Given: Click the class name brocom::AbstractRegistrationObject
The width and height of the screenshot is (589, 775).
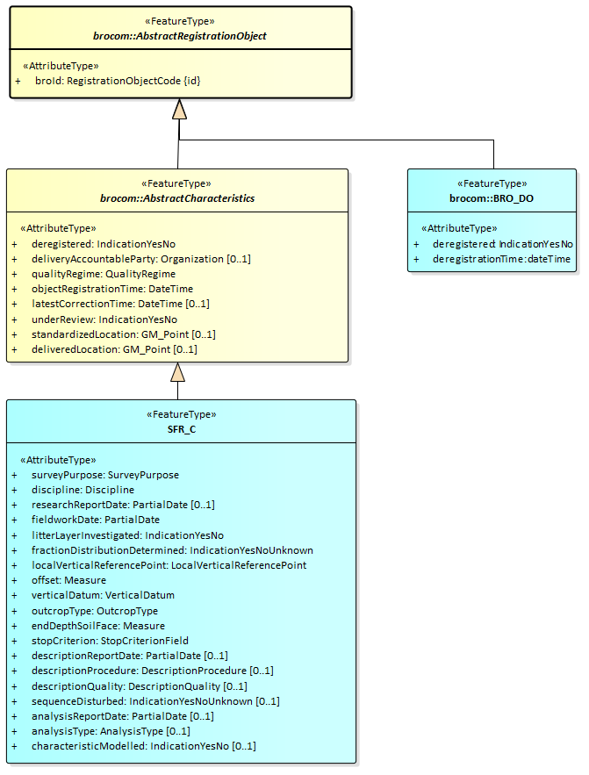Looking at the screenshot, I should point(180,36).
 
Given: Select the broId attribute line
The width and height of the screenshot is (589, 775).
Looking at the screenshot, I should point(119,81).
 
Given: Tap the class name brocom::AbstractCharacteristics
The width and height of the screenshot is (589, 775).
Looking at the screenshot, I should point(176,198).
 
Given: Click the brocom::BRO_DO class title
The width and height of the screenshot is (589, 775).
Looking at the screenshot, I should point(492,198).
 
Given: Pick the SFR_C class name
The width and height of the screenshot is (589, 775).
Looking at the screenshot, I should point(182,429).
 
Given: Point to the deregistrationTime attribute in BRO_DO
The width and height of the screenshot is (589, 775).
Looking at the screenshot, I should point(501,259).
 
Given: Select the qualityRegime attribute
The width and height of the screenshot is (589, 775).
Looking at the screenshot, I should point(104,274).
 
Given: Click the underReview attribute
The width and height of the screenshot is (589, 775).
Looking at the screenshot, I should point(104,319).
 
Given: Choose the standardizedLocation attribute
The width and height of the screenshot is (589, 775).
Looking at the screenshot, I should point(124,334).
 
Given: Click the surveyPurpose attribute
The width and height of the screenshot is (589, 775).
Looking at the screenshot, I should point(105,475).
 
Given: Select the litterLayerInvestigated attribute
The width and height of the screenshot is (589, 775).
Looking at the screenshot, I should point(127,535).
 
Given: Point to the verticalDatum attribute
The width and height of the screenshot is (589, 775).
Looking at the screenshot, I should point(103,595).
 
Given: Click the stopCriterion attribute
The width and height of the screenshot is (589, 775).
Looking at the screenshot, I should point(110,641).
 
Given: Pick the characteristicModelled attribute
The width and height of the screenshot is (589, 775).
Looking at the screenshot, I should point(143,746).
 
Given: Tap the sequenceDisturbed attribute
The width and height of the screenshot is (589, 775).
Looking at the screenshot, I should point(155,701).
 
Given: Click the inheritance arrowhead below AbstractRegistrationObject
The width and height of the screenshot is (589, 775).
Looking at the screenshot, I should point(180,109).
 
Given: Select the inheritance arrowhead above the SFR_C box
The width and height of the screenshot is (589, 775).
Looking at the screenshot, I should point(178,372).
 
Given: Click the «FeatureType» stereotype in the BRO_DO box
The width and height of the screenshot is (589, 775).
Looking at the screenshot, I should point(492,183).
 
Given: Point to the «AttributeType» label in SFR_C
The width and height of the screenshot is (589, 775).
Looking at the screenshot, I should point(58,459).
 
